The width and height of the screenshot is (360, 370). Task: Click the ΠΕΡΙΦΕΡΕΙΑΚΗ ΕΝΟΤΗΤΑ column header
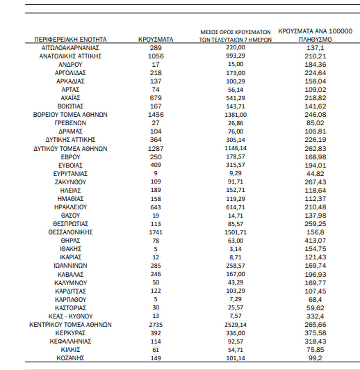click(70, 40)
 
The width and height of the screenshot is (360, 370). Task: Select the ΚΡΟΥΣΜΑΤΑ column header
click(156, 40)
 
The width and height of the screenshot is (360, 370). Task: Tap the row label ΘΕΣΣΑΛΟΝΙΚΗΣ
click(70, 232)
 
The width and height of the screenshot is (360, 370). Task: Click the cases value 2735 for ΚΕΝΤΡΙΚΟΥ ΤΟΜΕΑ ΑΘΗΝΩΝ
click(156, 325)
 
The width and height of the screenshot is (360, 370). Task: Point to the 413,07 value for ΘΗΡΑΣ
click(316, 241)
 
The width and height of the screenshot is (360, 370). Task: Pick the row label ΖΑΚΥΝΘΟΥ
click(70, 182)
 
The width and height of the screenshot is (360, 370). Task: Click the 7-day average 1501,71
click(236, 232)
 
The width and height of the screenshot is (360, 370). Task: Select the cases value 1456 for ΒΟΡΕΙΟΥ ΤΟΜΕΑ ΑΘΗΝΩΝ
click(156, 115)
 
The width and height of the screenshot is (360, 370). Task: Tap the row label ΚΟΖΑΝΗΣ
click(70, 358)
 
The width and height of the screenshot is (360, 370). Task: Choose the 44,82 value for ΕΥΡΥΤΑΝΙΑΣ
click(316, 174)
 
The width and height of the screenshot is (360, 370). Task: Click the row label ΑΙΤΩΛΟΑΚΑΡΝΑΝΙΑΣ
click(70, 48)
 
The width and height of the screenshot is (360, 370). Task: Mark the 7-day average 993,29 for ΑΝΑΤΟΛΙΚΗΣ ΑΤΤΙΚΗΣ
click(236, 56)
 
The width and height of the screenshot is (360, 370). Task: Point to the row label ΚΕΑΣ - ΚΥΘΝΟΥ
click(70, 316)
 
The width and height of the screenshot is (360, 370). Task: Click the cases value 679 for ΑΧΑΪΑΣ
click(156, 98)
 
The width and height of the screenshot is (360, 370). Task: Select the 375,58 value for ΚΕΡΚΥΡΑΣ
click(316, 333)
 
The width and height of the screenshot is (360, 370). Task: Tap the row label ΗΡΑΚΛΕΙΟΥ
click(70, 207)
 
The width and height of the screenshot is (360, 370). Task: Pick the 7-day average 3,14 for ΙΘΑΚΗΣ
click(236, 249)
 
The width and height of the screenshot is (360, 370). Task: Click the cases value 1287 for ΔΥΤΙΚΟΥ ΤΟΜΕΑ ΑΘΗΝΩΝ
click(156, 148)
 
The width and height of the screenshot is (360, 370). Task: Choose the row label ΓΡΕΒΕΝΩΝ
click(70, 123)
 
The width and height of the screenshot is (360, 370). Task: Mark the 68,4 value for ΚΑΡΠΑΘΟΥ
click(316, 299)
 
